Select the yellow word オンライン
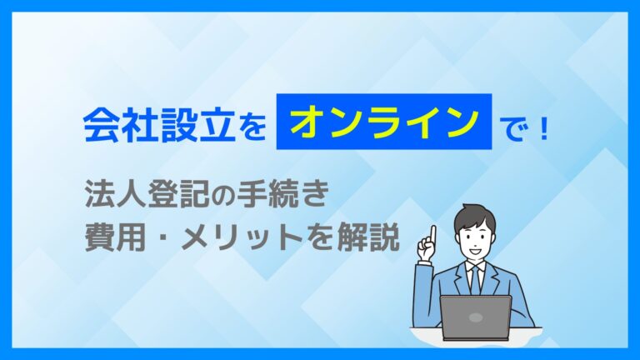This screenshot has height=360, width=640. click(x=383, y=122)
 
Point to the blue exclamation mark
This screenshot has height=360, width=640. click(x=542, y=127)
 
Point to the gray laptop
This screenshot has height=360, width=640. click(x=476, y=317)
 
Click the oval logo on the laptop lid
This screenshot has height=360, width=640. click(x=476, y=317)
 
